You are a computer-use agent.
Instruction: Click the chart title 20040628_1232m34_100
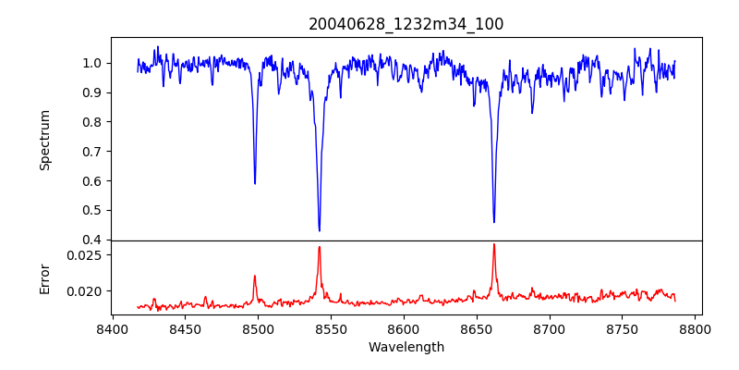pos(406,24)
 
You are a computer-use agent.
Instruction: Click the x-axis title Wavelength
pos(406,348)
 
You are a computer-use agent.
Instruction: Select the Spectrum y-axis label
pos(44,140)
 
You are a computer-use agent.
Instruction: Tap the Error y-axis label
pos(44,277)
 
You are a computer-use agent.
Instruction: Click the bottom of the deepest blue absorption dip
pos(320,230)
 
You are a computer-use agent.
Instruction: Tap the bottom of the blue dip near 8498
pos(255,183)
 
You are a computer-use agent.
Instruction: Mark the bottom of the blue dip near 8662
pos(494,222)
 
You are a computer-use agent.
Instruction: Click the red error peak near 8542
pos(320,247)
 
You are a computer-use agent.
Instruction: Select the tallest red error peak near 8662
pos(494,244)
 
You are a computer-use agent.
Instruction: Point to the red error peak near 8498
pos(255,276)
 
